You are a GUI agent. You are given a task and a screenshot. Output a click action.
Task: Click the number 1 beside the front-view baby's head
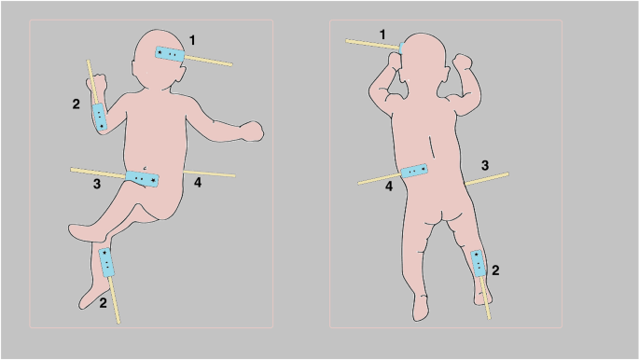point(192,40)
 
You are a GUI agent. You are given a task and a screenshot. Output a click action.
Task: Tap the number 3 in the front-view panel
point(97,184)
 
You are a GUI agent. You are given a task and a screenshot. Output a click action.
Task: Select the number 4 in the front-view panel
point(198,183)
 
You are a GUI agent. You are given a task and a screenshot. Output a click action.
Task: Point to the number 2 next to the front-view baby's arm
point(76,104)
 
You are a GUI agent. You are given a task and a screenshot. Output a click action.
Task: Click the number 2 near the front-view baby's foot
point(104,303)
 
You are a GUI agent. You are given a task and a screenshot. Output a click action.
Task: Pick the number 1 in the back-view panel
point(382,35)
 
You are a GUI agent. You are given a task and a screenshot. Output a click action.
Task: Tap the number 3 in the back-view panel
point(485,165)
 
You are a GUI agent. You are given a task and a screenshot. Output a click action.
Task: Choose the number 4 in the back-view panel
point(389,187)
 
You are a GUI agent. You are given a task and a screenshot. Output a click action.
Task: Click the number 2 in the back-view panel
point(495,270)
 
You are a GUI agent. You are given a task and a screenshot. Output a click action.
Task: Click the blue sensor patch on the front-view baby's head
point(170,54)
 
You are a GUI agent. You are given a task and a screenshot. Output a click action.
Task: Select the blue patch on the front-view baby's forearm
point(100,117)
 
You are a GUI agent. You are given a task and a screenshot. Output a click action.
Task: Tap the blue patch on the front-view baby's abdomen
point(142,179)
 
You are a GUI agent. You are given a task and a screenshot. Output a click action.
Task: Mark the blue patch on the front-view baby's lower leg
point(106,262)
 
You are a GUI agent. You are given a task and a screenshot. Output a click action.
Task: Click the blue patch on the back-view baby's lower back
point(415,171)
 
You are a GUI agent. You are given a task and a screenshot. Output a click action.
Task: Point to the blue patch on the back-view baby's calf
point(479,264)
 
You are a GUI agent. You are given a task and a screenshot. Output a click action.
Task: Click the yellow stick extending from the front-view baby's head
point(209,61)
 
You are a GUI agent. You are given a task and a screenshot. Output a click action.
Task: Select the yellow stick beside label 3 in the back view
point(487,179)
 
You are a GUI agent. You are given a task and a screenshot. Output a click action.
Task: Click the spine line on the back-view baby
point(433,147)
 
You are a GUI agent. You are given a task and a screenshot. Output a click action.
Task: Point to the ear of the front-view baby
point(132,67)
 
